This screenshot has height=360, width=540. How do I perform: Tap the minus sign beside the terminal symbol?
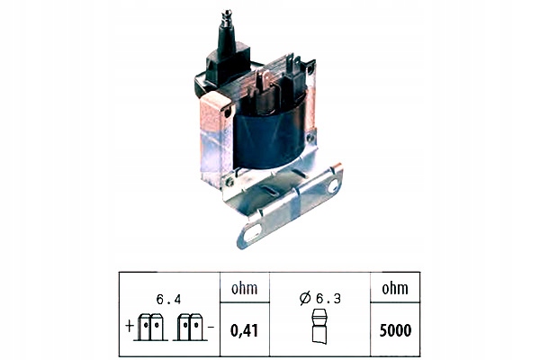click(210, 325)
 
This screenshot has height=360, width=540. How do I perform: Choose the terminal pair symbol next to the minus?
click(190, 327)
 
